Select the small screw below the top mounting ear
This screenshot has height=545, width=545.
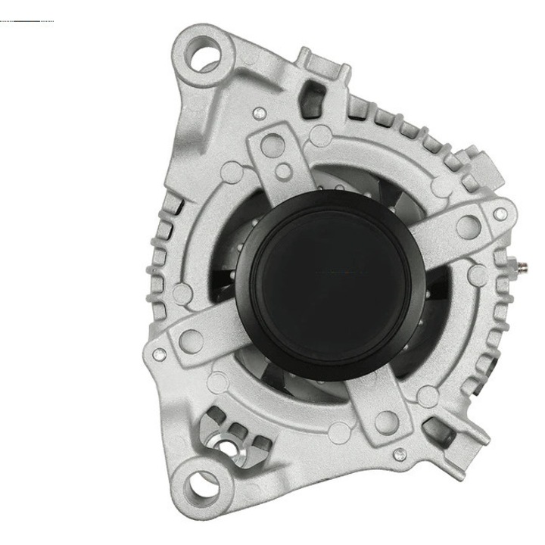click(259, 114)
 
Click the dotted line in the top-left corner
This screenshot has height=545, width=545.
click(27, 20)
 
